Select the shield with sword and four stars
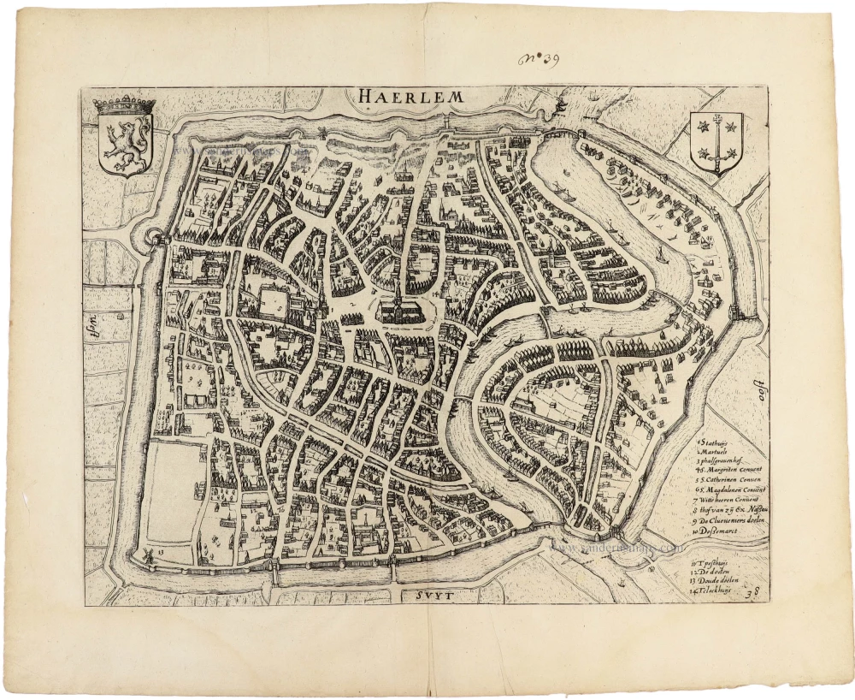pos(716,140)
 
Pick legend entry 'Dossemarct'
pos(723,531)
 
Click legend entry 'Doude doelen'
pos(718,581)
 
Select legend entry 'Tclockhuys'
pos(719,590)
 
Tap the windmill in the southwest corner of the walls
pos(147,555)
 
